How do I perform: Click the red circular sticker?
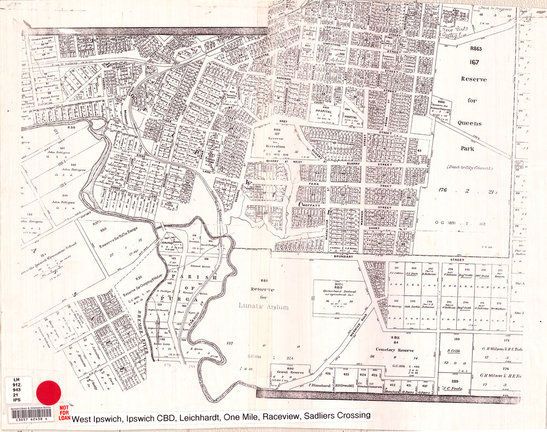click(49, 393)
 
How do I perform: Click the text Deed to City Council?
click(469, 167)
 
